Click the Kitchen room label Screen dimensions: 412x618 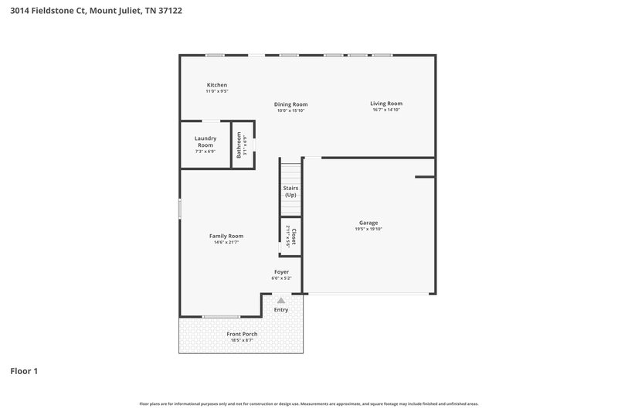tap(216, 85)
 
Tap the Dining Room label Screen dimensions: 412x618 tap(291, 104)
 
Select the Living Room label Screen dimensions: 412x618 tap(385, 104)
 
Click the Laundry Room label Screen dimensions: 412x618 tap(205, 141)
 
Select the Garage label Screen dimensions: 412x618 tap(368, 223)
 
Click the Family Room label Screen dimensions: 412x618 tap(226, 236)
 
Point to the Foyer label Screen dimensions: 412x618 tap(282, 271)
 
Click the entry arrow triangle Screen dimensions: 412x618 tap(281, 300)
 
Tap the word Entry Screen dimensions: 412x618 tap(281, 310)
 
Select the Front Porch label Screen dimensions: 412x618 tap(242, 334)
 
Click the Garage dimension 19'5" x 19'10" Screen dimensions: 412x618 tap(368, 229)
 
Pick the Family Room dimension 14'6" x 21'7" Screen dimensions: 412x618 tap(226, 242)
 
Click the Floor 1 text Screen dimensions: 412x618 tap(24, 371)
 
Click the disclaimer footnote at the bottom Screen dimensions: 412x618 tap(308, 403)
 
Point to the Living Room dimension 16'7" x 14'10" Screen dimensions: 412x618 tap(385, 110)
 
